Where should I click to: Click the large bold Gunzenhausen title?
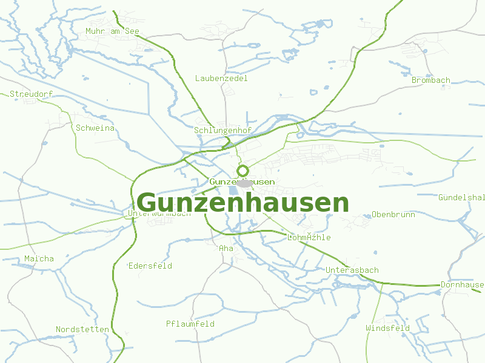click(243, 203)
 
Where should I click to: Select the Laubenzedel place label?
click(221, 78)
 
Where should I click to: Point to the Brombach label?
click(431, 80)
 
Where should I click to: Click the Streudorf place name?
click(32, 94)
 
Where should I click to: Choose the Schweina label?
click(95, 128)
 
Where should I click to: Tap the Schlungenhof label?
click(222, 130)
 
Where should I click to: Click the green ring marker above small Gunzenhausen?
click(242, 171)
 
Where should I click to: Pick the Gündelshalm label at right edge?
click(461, 197)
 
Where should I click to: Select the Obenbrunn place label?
click(393, 215)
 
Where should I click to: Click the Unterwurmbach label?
click(159, 213)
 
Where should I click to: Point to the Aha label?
click(226, 248)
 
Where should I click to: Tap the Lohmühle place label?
click(309, 237)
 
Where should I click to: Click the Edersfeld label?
click(150, 266)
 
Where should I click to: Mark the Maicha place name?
click(39, 258)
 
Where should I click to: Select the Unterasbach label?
click(352, 270)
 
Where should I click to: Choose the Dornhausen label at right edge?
click(462, 284)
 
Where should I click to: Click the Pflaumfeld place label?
click(190, 324)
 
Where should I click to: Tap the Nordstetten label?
click(82, 329)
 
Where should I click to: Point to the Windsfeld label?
click(388, 328)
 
